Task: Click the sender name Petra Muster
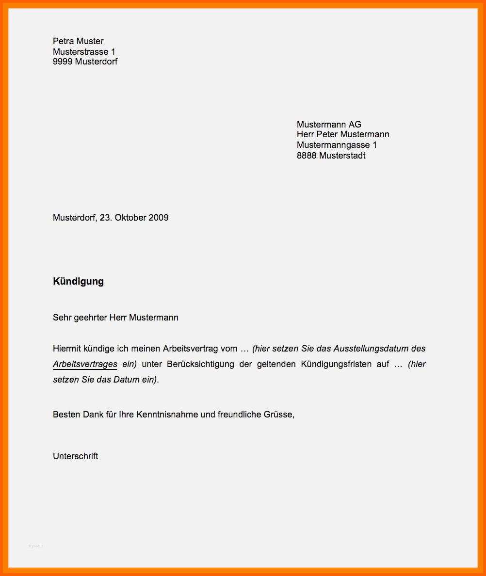(78, 41)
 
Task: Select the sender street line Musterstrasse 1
(84, 51)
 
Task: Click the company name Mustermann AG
(329, 125)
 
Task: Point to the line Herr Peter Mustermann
(343, 134)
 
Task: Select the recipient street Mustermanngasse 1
(337, 145)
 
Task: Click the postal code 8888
(307, 156)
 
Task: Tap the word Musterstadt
(342, 156)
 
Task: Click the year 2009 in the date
(159, 218)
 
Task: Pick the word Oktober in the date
(130, 218)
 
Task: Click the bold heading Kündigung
(78, 281)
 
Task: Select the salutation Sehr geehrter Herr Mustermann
(115, 318)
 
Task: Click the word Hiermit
(67, 349)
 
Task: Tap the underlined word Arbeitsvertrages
(85, 364)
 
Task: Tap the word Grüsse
(279, 415)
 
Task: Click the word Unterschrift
(75, 456)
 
